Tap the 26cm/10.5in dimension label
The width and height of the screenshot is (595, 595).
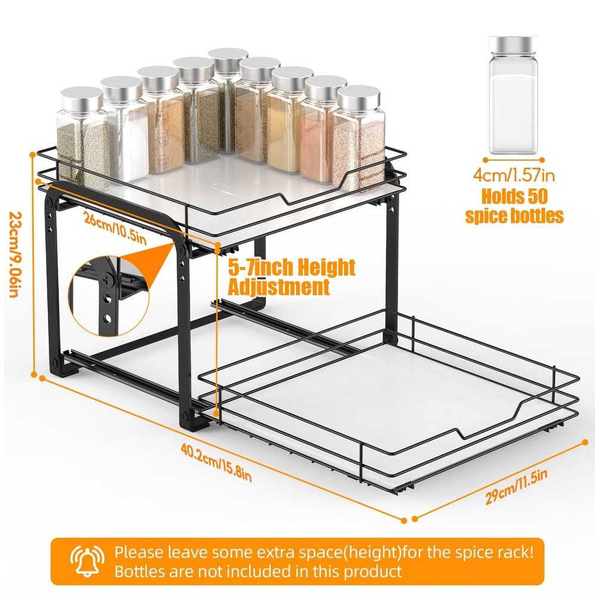(115, 229)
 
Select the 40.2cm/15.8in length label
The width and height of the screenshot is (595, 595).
(216, 462)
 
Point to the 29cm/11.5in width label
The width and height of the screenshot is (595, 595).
(516, 487)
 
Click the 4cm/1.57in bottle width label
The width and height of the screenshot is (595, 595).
(514, 176)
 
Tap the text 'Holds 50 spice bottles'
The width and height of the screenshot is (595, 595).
(514, 206)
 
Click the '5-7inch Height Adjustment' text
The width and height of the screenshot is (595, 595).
(292, 277)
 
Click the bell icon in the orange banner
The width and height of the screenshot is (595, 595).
(87, 561)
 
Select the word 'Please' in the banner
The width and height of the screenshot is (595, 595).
(138, 553)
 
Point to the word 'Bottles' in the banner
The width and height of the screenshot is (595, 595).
(139, 571)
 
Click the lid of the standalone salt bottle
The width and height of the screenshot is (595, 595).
(513, 45)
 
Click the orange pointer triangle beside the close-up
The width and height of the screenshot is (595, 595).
(159, 262)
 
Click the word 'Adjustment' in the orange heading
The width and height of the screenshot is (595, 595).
(279, 287)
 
